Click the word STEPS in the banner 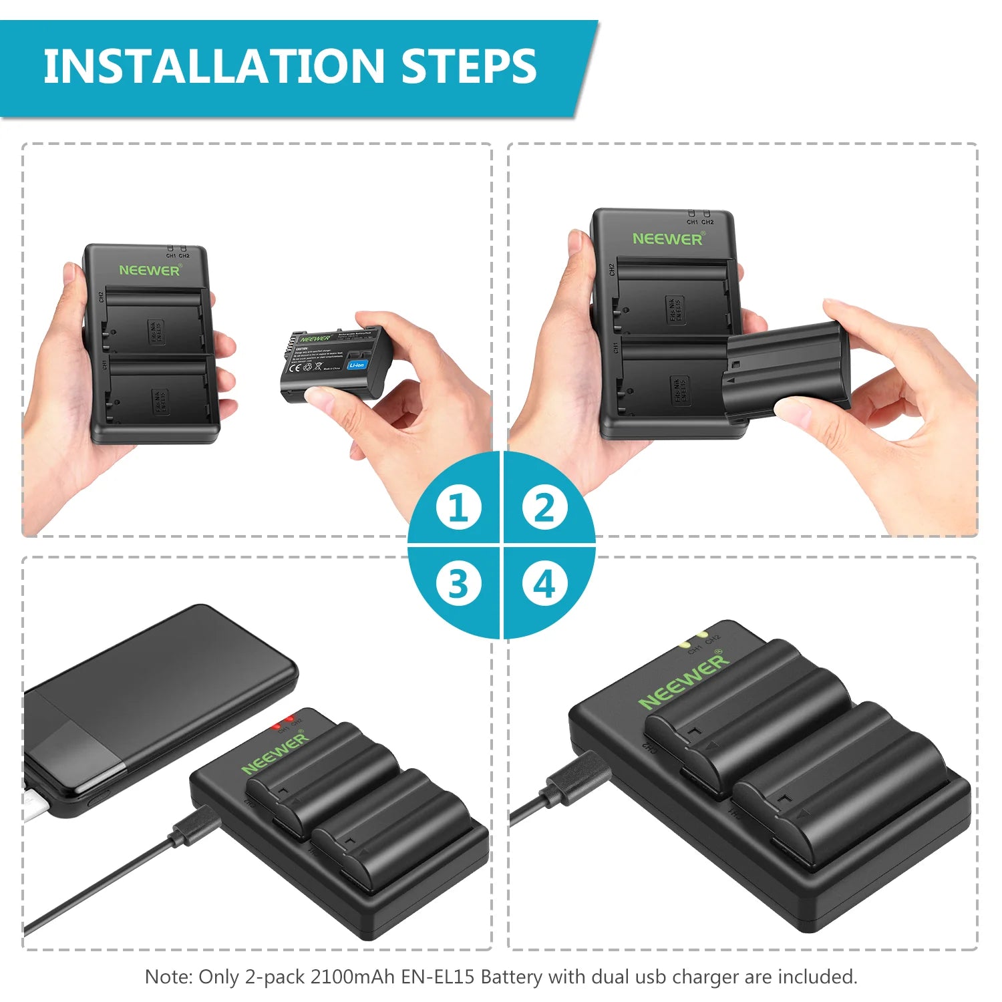469,66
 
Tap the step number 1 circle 458,508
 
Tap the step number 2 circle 544,508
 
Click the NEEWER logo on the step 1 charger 150,270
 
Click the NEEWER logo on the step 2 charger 667,238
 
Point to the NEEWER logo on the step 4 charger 683,681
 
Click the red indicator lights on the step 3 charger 283,722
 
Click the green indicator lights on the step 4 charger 693,639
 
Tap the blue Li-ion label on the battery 357,365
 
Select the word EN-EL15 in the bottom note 438,977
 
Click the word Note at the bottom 167,977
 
